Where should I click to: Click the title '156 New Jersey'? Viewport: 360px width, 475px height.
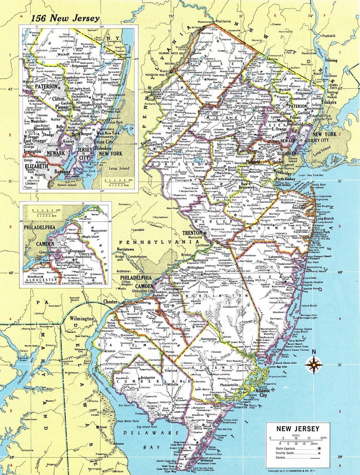pyautogui.click(x=65, y=18)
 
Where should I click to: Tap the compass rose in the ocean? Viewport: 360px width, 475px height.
pyautogui.click(x=314, y=364)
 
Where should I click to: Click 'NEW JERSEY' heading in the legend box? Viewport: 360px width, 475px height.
pyautogui.click(x=297, y=429)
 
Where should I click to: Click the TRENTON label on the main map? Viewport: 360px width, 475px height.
pyautogui.click(x=192, y=232)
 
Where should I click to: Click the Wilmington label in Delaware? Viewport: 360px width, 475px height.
pyautogui.click(x=82, y=319)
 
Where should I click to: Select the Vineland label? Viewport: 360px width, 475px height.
pyautogui.click(x=171, y=370)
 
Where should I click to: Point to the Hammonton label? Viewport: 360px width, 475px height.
pyautogui.click(x=208, y=339)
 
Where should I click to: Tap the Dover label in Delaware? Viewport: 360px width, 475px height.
pyautogui.click(x=103, y=427)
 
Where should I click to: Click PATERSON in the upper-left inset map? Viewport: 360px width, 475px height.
pyautogui.click(x=46, y=87)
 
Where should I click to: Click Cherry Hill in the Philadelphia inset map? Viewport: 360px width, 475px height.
pyautogui.click(x=87, y=254)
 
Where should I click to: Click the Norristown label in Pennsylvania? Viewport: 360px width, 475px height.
pyautogui.click(x=125, y=249)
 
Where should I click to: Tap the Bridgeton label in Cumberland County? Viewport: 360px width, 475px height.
pyautogui.click(x=148, y=378)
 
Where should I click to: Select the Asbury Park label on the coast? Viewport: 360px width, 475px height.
pyautogui.click(x=320, y=232)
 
